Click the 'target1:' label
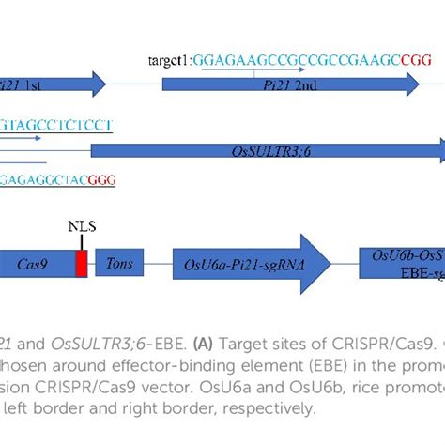(168, 59)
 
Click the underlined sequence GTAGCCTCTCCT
(56, 124)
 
